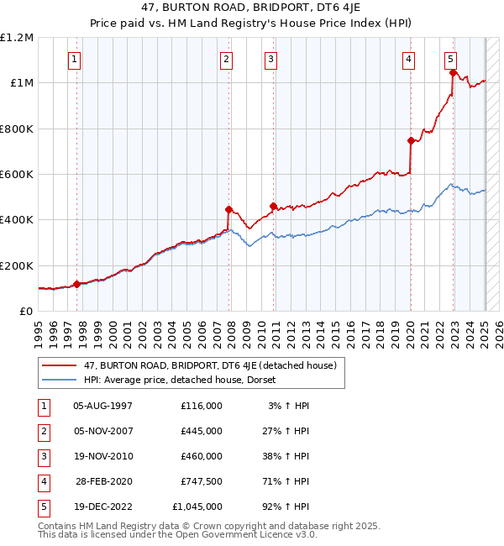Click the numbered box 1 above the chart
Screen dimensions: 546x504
[x=76, y=59]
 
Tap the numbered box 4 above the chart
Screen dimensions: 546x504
[x=407, y=59]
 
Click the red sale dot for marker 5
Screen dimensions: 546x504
[x=453, y=73]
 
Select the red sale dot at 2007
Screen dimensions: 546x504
[x=228, y=209]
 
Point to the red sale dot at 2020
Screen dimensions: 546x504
[x=411, y=140]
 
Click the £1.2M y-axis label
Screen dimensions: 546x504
[x=17, y=38]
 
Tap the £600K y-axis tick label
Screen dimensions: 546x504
[x=17, y=175]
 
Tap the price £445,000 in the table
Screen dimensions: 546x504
[x=201, y=431]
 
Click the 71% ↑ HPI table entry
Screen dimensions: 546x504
[x=288, y=481]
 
